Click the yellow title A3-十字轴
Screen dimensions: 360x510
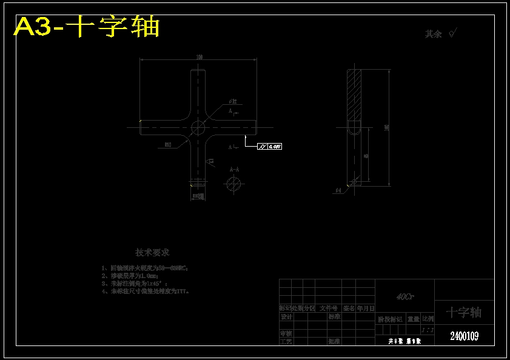(87, 27)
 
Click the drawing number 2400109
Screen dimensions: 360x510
(464, 336)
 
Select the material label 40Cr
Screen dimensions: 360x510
(404, 297)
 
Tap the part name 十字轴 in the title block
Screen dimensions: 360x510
(464, 312)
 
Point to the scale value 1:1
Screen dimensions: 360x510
(427, 330)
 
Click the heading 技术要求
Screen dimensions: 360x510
(152, 252)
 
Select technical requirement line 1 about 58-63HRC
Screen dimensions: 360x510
(145, 267)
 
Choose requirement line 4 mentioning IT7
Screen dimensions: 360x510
(146, 291)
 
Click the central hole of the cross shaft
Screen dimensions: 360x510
(198, 127)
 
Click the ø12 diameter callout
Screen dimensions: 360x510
(233, 101)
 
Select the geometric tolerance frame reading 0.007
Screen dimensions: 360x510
(269, 146)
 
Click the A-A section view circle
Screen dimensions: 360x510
(233, 184)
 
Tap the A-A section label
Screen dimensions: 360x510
(233, 170)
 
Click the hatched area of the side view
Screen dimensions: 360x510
(354, 94)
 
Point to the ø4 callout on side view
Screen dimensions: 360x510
(338, 190)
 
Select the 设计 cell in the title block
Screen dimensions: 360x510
(286, 316)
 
